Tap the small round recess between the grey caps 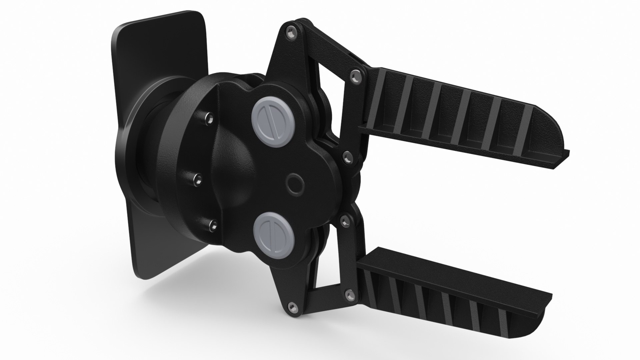pos(295,183)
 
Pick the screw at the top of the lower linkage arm pos(344,219)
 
